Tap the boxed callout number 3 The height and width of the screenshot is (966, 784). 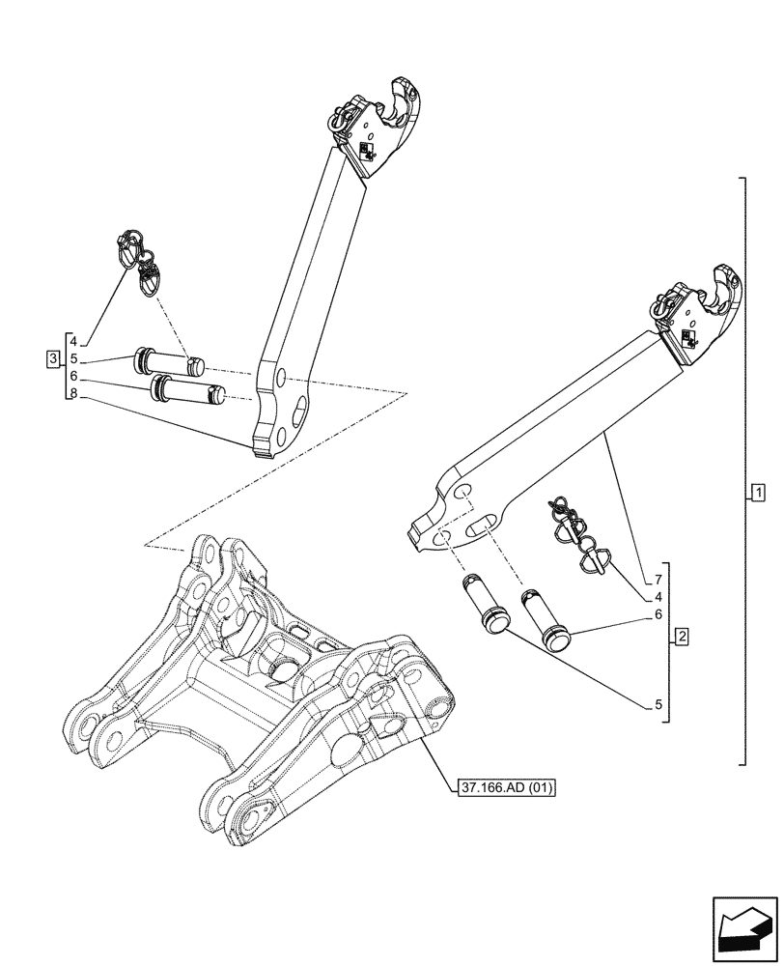(52, 359)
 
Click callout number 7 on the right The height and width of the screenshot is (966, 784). (658, 580)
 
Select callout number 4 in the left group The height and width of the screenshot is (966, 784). (72, 341)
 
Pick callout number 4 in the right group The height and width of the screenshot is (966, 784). (658, 597)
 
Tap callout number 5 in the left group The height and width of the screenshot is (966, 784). (72, 358)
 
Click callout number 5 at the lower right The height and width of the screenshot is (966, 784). (658, 705)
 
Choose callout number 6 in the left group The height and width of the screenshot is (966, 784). (72, 376)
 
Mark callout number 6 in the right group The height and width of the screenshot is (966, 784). (658, 614)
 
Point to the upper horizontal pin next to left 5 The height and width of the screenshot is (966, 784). (169, 361)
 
